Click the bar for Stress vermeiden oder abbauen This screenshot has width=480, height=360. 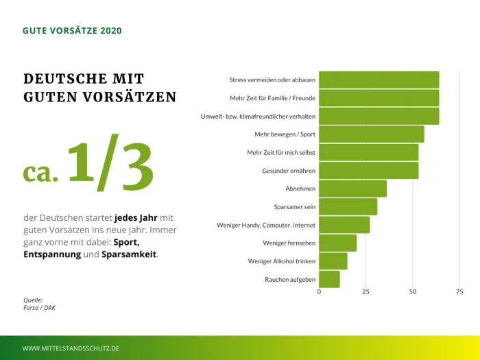[x=379, y=80]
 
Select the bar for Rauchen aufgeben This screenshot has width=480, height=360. [x=329, y=279]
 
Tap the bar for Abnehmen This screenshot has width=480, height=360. [x=352, y=189]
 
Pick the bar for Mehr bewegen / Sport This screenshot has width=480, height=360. [x=371, y=134]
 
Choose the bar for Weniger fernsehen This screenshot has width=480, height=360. [x=337, y=243]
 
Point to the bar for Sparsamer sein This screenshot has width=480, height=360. [x=348, y=206]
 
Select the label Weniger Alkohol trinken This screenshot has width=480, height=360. [x=282, y=261]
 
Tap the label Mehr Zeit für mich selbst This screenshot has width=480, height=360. [x=281, y=152]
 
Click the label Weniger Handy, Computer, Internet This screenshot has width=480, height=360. [x=266, y=225]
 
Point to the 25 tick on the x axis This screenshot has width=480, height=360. [x=365, y=292]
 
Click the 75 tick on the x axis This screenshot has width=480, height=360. [x=459, y=292]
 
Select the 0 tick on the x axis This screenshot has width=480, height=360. [x=319, y=292]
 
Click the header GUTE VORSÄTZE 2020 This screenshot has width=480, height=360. [x=73, y=31]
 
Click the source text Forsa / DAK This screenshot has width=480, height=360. [x=40, y=308]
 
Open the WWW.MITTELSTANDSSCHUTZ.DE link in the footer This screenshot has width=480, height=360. [x=71, y=348]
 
